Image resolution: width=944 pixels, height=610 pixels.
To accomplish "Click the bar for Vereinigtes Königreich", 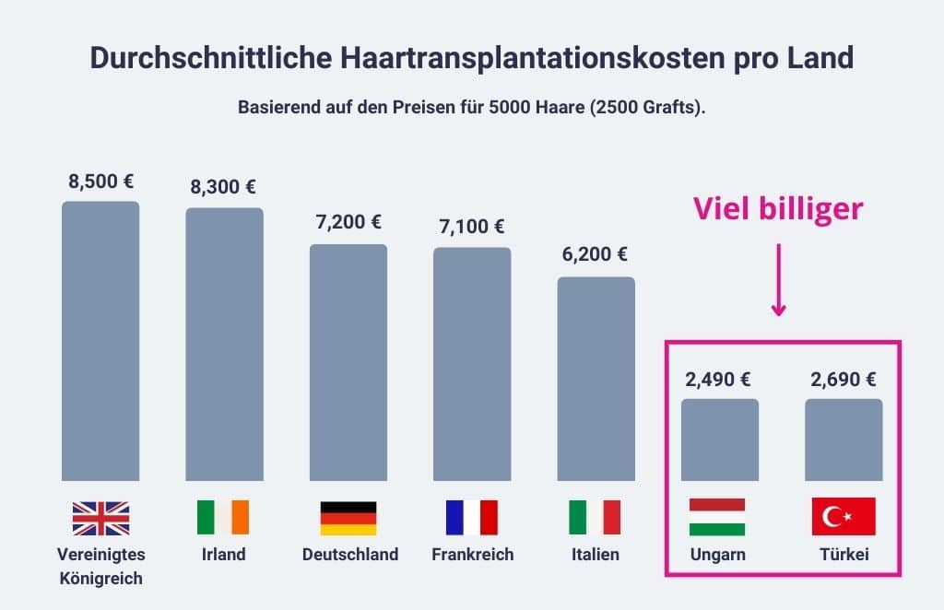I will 100,341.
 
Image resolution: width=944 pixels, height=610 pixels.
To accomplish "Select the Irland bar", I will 224,344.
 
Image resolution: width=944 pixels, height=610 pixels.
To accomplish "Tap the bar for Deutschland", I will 348,362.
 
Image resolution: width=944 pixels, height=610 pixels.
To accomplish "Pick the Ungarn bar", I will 719,440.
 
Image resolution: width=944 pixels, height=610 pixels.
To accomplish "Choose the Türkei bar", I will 843,440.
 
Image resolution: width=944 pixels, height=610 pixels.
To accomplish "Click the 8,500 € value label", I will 100,182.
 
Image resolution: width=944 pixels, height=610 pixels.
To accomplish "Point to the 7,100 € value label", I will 471,227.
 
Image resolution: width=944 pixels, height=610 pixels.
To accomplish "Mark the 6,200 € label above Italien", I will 595,255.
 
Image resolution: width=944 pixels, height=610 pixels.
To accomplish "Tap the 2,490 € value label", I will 719,379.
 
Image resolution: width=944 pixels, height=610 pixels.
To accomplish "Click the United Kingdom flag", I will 100,518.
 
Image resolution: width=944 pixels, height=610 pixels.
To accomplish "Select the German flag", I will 348,518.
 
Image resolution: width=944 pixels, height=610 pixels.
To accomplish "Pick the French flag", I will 471,518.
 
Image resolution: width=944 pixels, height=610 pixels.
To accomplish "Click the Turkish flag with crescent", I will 843,517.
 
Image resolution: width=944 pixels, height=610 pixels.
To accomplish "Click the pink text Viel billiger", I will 778,209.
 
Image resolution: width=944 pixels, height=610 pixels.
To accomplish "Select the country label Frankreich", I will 472,555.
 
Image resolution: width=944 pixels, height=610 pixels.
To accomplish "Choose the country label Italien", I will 595,555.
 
